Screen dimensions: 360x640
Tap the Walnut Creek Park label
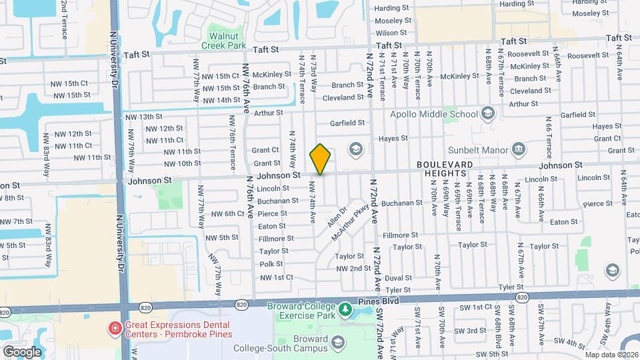click(x=223, y=40)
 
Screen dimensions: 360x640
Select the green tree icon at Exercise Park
click(x=345, y=309)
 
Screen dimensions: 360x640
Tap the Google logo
click(x=22, y=351)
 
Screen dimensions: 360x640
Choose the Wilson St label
click(x=391, y=33)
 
